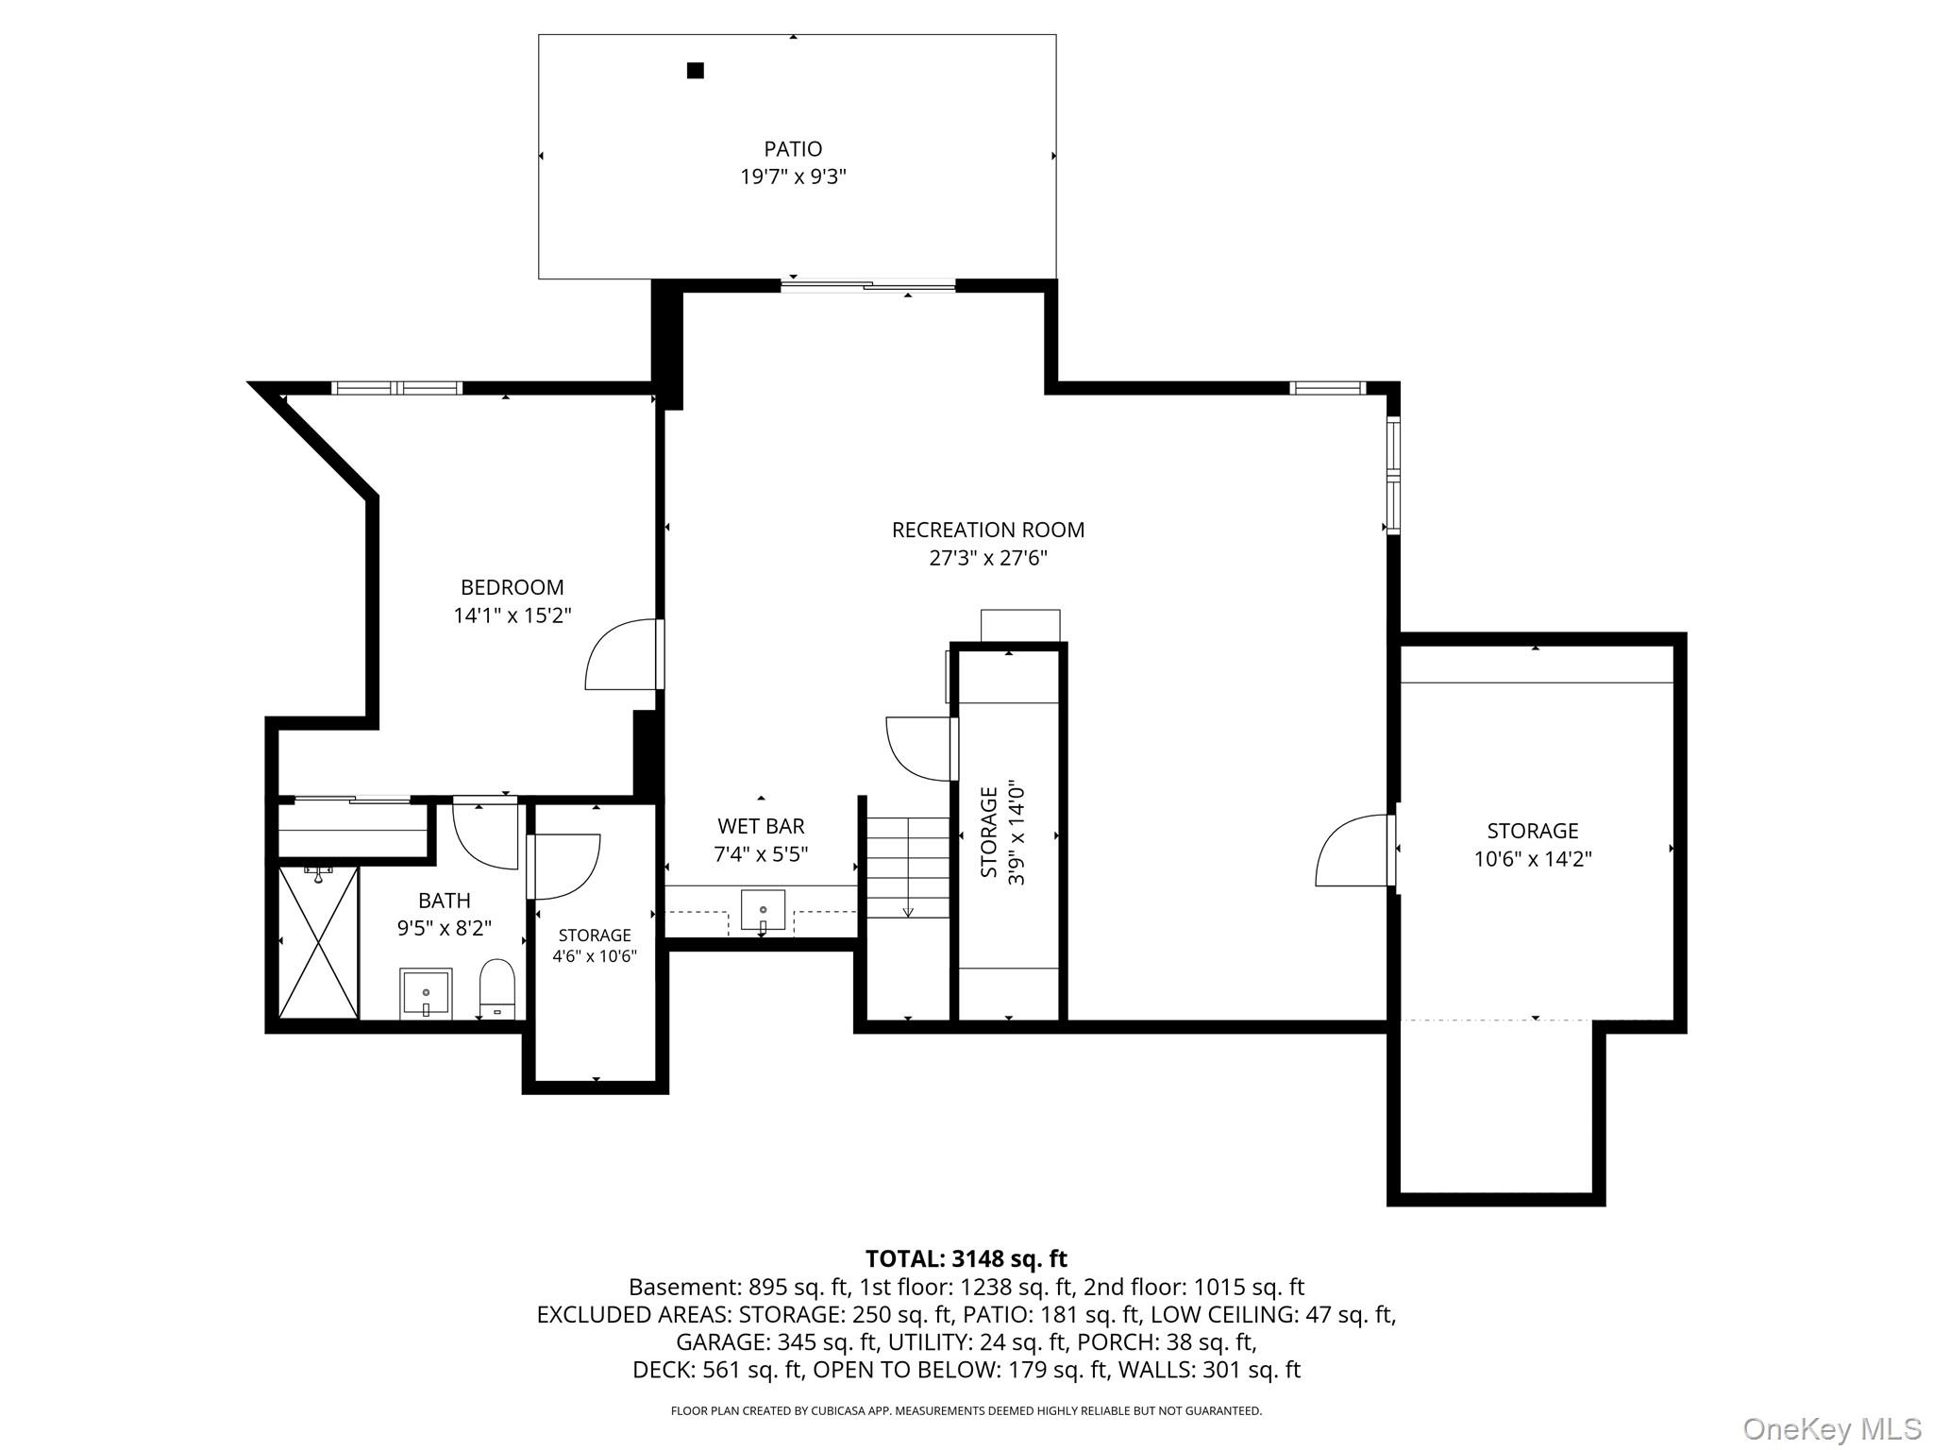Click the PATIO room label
[793, 149]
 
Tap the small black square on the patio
[696, 70]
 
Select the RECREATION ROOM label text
[988, 530]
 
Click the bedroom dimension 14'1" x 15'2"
[513, 615]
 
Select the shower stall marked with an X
[319, 942]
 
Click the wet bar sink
[763, 911]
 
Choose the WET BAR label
[761, 826]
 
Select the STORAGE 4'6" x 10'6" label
[595, 945]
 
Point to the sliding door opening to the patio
[868, 285]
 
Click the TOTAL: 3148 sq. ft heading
[966, 1258]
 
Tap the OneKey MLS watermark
[1831, 1428]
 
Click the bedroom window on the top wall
[396, 387]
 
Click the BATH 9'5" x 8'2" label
[445, 914]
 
